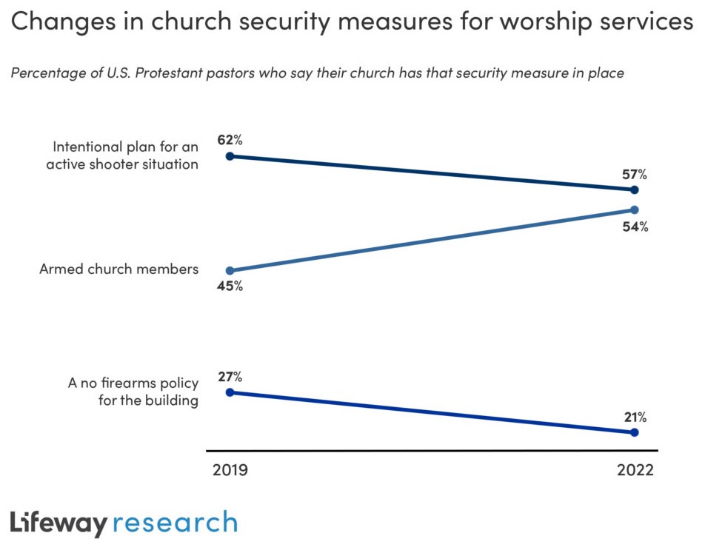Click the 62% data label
pyautogui.click(x=230, y=138)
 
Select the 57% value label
pyautogui.click(x=635, y=175)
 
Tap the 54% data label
pyautogui.click(x=635, y=227)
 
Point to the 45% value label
pyautogui.click(x=230, y=286)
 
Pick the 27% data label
pyautogui.click(x=230, y=375)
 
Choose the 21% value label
pyautogui.click(x=635, y=417)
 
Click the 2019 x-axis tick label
pyautogui.click(x=230, y=471)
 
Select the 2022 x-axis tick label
pyautogui.click(x=635, y=471)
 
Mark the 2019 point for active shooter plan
pyautogui.click(x=230, y=156)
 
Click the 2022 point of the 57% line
pyautogui.click(x=635, y=190)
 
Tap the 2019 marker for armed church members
pyautogui.click(x=230, y=271)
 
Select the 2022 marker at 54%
pyautogui.click(x=635, y=209)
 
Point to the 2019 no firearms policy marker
pyautogui.click(x=230, y=392)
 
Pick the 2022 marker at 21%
pyautogui.click(x=635, y=432)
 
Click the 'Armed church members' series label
pyautogui.click(x=118, y=269)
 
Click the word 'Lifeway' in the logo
pyautogui.click(x=59, y=523)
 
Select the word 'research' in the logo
pyautogui.click(x=176, y=523)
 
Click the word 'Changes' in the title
pyautogui.click(x=56, y=22)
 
